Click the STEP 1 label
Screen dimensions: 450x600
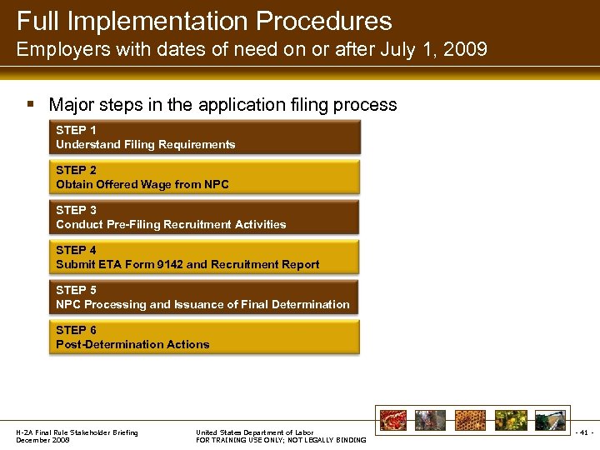(76, 131)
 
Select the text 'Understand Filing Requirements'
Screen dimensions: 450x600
(145, 145)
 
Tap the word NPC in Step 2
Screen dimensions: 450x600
(215, 185)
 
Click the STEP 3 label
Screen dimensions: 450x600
(76, 211)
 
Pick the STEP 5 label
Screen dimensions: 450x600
(76, 291)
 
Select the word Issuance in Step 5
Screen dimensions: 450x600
(200, 305)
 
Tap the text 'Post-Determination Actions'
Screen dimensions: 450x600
(132, 345)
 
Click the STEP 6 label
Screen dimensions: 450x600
(76, 331)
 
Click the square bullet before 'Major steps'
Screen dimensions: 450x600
(30, 105)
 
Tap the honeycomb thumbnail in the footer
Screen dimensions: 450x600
(469, 420)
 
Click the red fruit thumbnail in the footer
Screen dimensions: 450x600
(392, 420)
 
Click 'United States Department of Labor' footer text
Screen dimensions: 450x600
(254, 432)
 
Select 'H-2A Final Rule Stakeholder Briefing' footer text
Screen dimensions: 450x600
(77, 432)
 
